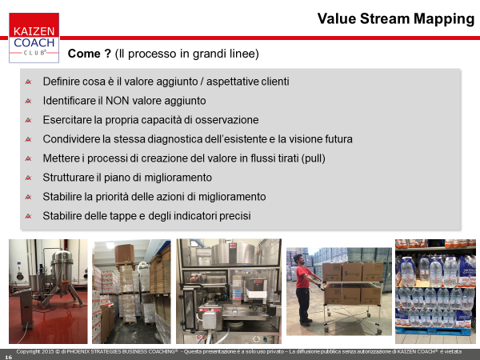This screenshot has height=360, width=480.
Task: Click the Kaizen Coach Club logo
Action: (34, 38)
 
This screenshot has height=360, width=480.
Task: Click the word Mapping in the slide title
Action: (444, 19)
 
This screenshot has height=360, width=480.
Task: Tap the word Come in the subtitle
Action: (84, 54)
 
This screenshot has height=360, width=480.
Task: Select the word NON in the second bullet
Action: (117, 101)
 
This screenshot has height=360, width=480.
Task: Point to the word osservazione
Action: (227, 120)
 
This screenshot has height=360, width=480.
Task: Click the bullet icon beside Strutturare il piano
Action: (29, 178)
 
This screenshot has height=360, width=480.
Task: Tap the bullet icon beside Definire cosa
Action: (29, 82)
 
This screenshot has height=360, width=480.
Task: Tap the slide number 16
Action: (8, 357)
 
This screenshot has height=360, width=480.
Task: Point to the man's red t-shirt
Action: (302, 277)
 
